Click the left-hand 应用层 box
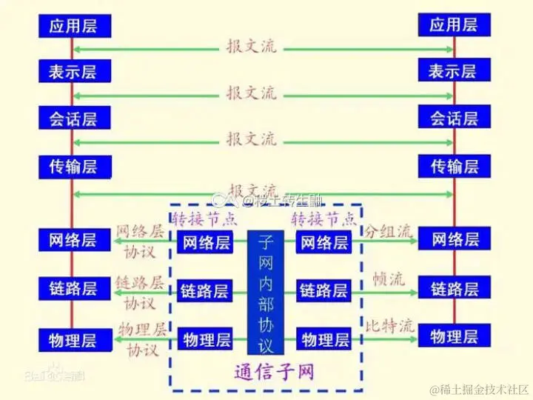(73, 26)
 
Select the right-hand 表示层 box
(454, 70)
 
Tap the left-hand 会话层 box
(73, 118)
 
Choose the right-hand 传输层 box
(454, 165)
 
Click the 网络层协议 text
(141, 241)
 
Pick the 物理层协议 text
(142, 339)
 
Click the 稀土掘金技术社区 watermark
(479, 389)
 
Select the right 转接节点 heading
(324, 219)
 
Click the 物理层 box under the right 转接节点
(324, 340)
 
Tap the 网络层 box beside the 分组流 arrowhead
(454, 239)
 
